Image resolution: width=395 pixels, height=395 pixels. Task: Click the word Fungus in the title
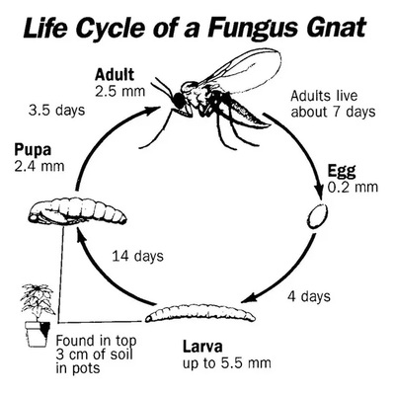250,28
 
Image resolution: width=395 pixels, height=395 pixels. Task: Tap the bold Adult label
115,75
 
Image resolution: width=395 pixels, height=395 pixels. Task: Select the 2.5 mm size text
120,91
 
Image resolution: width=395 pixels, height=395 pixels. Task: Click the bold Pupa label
33,150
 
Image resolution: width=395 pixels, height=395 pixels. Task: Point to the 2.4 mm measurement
39,166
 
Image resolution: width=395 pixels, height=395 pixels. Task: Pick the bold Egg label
342,171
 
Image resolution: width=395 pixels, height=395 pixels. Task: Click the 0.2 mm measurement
353,187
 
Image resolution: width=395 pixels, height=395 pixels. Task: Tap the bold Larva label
202,347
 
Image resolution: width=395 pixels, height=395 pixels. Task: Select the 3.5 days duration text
56,111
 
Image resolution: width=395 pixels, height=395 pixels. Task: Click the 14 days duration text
137,256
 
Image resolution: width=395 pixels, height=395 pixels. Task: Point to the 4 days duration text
309,296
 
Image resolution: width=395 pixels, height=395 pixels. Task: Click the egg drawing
318,216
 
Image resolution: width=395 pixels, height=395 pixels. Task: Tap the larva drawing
200,313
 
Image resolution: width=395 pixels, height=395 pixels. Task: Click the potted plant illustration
37,314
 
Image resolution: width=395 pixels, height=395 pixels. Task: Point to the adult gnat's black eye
178,100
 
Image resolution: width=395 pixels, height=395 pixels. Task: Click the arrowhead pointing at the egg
319,191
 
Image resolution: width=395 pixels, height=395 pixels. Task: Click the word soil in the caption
121,355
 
